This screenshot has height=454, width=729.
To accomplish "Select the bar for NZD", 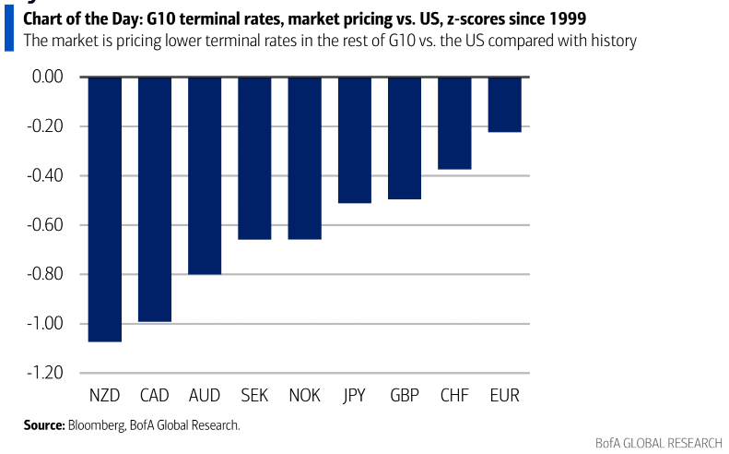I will (105, 209).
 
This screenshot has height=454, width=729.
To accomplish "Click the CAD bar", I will (155, 199).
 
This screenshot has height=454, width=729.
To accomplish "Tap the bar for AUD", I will (205, 175).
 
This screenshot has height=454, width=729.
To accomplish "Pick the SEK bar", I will (254, 158).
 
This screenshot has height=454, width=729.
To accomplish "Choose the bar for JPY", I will (355, 139).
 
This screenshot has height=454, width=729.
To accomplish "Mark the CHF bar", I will (454, 123).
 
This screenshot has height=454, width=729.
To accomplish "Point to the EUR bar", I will (504, 104).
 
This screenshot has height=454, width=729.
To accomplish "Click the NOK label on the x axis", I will (304, 396).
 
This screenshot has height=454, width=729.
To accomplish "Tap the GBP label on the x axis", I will (405, 396).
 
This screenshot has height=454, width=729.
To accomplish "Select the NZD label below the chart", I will (105, 396).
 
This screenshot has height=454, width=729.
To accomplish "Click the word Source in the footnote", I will (43, 425).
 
